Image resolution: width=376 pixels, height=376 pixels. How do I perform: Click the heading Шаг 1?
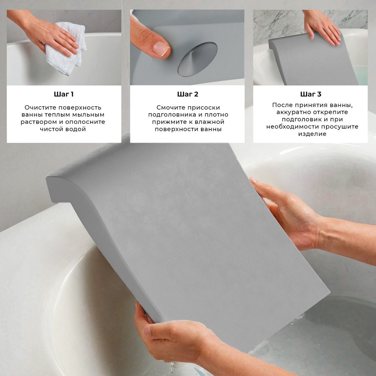tap(64, 94)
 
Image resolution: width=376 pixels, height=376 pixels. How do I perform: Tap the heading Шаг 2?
tap(188, 94)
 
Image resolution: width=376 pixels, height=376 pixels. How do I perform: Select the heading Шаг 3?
tap(311, 94)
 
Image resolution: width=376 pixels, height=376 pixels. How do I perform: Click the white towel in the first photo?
tap(66, 48)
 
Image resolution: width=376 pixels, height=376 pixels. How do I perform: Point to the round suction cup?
tap(197, 59)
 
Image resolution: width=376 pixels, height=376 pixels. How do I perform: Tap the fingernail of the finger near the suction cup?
tap(161, 49)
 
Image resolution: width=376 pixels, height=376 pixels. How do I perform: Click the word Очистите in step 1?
tap(41, 107)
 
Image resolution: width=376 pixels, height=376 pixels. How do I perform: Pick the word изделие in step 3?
tap(312, 134)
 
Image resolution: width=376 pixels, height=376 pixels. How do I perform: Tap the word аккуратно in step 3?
tap(295, 112)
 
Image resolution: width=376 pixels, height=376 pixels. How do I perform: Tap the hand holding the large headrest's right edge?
tap(288, 213)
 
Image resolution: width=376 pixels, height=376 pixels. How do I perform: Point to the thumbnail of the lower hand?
tap(147, 331)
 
